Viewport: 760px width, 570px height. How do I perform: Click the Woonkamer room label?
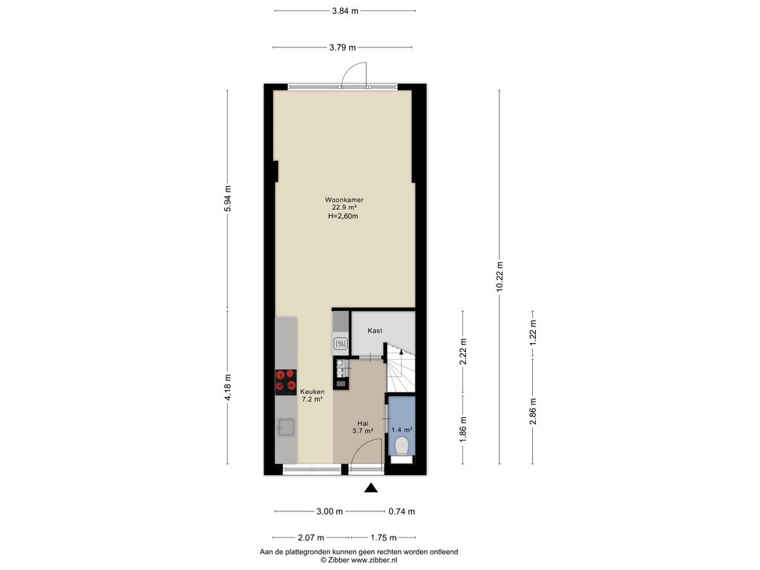point(344,200)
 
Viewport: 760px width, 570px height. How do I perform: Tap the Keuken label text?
point(312,392)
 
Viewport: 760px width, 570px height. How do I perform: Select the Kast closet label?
point(375,330)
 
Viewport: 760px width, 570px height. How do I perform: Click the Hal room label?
point(362,423)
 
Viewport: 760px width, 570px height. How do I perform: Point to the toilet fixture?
point(402,446)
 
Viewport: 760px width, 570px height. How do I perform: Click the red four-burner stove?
point(286,381)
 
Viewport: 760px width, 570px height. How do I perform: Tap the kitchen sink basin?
point(286,427)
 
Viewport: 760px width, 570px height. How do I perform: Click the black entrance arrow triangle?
point(371,488)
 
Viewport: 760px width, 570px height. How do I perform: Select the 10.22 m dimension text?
point(499,277)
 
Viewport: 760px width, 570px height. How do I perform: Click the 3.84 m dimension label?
point(345,10)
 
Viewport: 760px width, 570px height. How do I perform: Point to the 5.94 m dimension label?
point(228,198)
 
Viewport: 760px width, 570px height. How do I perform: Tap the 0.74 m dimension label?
point(402,511)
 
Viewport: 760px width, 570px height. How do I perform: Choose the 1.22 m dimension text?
point(533,332)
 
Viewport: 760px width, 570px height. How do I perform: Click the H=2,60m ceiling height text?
point(343,216)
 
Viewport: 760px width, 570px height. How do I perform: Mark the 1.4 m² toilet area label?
point(402,430)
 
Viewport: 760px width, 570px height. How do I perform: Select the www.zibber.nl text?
point(374,560)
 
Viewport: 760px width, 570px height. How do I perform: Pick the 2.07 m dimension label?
point(311,537)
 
